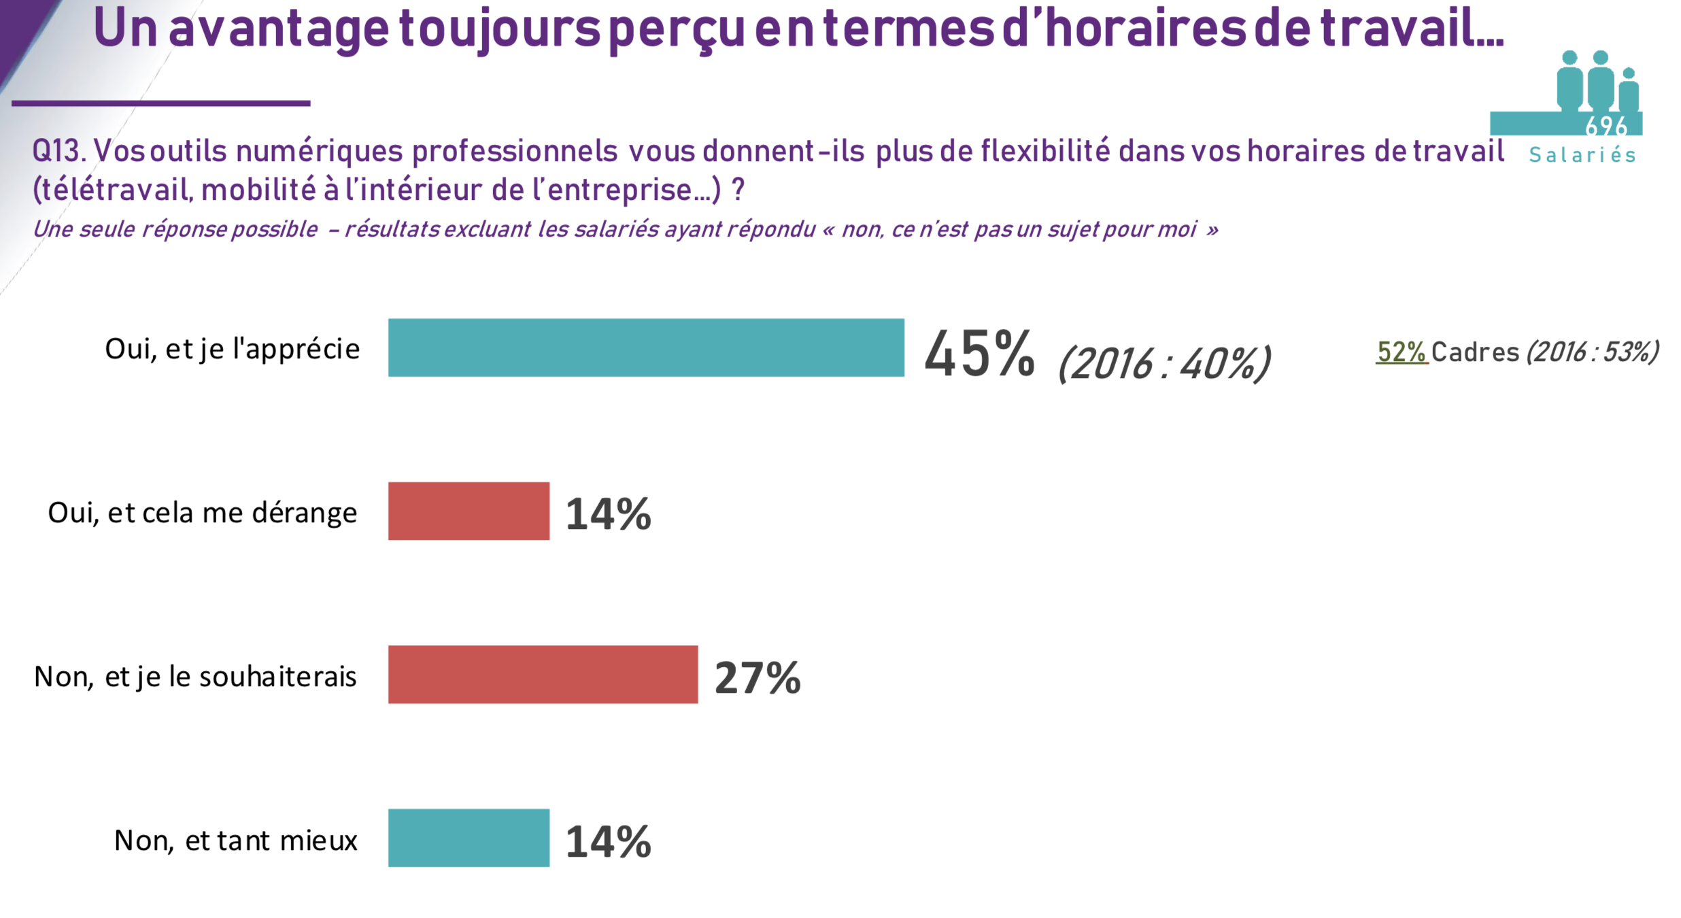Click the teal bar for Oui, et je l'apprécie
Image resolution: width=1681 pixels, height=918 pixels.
646,347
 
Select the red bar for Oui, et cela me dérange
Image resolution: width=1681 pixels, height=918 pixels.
469,511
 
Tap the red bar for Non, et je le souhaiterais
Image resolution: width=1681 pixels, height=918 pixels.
543,675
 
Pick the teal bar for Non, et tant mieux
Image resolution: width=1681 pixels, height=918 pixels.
469,838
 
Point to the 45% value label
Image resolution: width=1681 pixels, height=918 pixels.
979,354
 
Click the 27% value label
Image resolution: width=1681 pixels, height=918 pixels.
758,678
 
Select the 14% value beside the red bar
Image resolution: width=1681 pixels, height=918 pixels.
608,514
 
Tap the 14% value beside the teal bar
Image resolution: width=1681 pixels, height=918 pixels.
608,842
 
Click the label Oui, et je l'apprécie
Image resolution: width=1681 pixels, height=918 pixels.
232,349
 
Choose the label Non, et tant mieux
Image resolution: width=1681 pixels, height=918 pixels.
235,840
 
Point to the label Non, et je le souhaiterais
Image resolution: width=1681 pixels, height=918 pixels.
195,677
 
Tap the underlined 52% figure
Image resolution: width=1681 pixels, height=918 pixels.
1401,352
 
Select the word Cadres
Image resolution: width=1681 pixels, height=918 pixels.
1475,352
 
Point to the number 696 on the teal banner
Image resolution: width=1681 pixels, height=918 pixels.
1606,126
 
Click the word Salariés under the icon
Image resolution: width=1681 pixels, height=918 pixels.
1582,155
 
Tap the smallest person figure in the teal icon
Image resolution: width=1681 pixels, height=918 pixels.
1629,92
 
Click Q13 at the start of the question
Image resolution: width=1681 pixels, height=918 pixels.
58,151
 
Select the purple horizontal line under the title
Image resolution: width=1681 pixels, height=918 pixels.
160,103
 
